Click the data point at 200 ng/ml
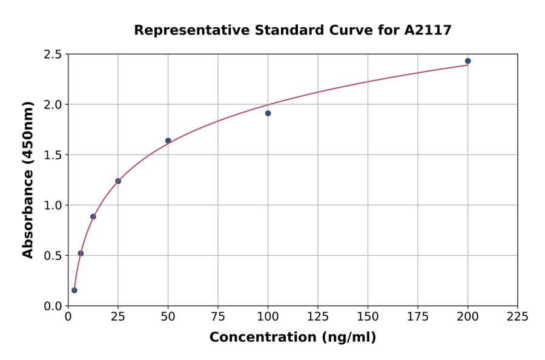[467, 61]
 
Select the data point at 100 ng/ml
[268, 113]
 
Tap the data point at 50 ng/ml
[168, 141]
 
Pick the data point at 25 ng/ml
[118, 181]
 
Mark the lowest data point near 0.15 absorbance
[74, 290]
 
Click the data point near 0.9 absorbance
[93, 216]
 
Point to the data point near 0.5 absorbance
[81, 253]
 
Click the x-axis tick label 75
[218, 316]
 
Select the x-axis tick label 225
[517, 316]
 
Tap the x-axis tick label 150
[368, 316]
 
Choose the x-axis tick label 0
[68, 316]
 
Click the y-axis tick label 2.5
[53, 55]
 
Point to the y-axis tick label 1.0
[53, 205]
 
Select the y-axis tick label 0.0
[53, 306]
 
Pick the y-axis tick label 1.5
[53, 155]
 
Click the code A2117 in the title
[428, 30]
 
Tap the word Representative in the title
[185, 30]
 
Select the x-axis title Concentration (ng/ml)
[292, 338]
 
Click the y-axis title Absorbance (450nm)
[28, 179]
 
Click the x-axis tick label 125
[318, 316]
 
